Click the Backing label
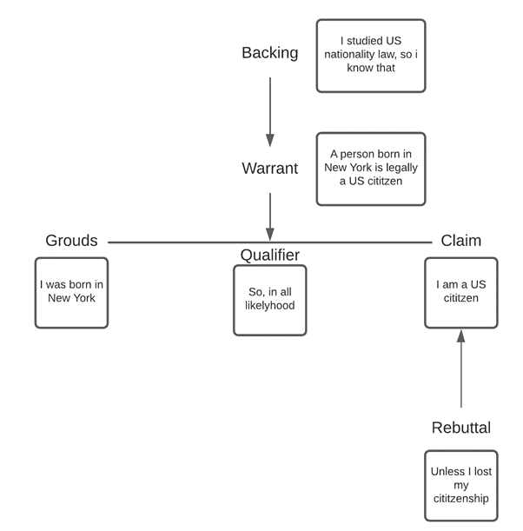coord(269,53)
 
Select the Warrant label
coord(269,169)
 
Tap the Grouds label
coord(71,241)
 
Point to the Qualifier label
coord(269,255)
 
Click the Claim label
coord(460,241)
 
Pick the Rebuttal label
coord(460,428)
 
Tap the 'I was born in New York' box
coord(71,292)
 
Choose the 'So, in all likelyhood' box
coord(269,300)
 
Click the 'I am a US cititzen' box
coord(460,292)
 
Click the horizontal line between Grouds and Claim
coord(174,242)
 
